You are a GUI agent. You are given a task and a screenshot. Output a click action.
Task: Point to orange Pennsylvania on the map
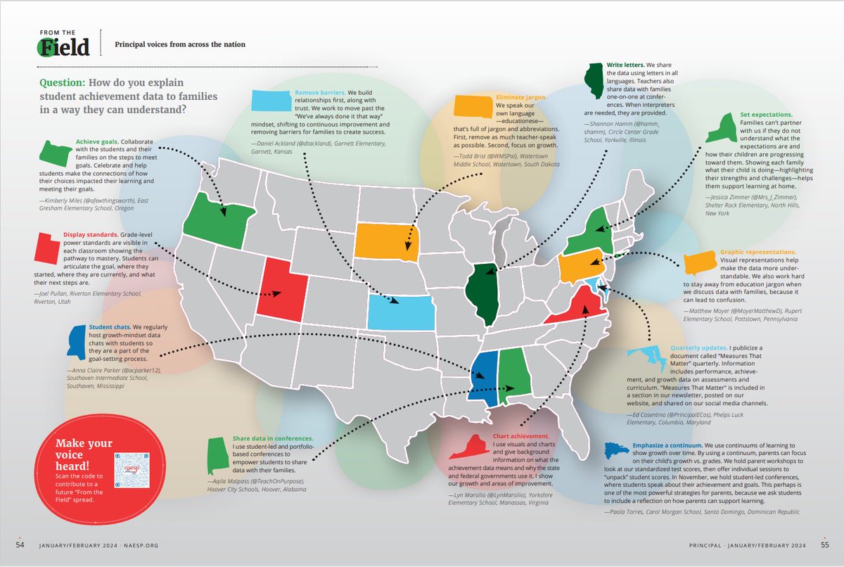pos(583,266)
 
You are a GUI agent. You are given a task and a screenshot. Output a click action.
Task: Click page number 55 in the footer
pos(824,545)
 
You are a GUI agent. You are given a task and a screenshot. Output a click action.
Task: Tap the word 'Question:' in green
pos(63,82)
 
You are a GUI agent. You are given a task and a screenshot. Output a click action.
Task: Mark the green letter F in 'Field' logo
pos(48,46)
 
